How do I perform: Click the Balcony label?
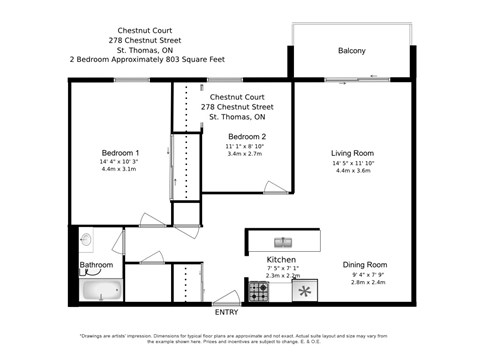(351, 51)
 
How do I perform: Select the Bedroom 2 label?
(246, 136)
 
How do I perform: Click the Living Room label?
(351, 153)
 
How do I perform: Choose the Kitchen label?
(280, 260)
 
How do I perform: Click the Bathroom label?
(97, 265)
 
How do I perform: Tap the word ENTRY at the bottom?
(227, 311)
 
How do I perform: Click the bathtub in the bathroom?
(100, 291)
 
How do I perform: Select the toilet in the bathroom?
(86, 240)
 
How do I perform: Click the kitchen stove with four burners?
(258, 291)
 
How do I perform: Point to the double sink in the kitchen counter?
(283, 241)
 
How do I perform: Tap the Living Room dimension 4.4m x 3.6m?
(351, 171)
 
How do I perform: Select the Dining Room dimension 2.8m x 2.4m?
(364, 282)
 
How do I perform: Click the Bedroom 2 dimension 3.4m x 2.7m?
(246, 154)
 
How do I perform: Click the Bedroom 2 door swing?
(275, 186)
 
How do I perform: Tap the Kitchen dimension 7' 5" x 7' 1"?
(280, 269)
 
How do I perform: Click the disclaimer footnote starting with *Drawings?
(240, 340)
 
